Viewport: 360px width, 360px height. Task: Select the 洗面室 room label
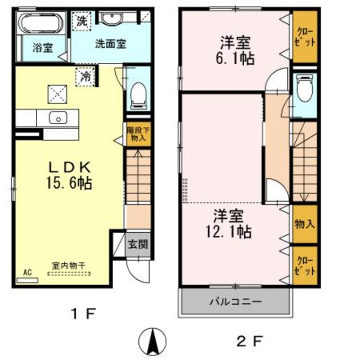tap(110, 44)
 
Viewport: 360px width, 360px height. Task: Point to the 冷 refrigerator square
tap(85, 76)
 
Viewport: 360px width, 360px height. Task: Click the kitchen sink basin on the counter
tap(57, 118)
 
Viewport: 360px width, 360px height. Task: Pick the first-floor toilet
tap(138, 94)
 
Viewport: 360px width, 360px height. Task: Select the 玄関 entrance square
tap(138, 244)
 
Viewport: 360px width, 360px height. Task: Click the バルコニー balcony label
tap(235, 303)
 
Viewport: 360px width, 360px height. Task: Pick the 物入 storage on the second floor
tap(305, 224)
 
